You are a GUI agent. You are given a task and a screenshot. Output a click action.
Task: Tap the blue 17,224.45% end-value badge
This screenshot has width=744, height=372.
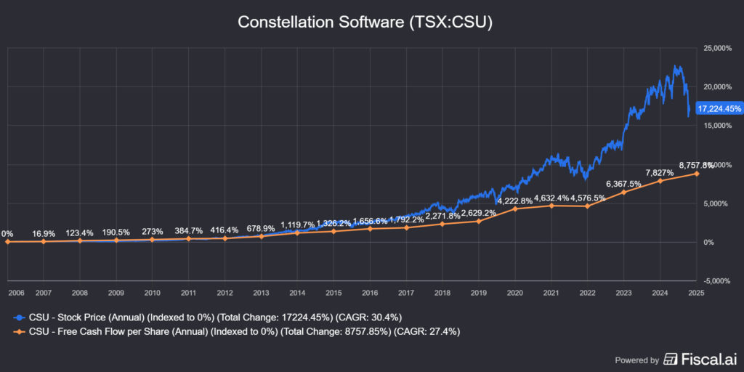pyautogui.click(x=719, y=109)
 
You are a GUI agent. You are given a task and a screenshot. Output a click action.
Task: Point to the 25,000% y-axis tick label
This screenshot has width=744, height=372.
pyautogui.click(x=718, y=48)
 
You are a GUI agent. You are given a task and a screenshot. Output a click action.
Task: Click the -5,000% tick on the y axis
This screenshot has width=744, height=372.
pyautogui.click(x=717, y=280)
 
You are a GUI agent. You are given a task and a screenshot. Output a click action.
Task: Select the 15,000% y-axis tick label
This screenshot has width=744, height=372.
pyautogui.click(x=718, y=126)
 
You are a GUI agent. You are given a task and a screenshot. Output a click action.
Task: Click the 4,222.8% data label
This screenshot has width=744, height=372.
pyautogui.click(x=515, y=200)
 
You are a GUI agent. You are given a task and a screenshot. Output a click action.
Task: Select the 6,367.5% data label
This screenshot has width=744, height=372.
pyautogui.click(x=624, y=183)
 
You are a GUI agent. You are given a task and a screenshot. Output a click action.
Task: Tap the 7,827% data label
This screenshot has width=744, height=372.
pyautogui.click(x=660, y=172)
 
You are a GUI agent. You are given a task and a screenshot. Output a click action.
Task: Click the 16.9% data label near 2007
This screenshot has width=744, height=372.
pyautogui.click(x=44, y=234)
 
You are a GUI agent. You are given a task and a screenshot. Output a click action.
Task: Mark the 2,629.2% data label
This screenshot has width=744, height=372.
pyautogui.click(x=479, y=213)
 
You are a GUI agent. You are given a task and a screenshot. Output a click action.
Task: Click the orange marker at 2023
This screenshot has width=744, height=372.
pyautogui.click(x=624, y=192)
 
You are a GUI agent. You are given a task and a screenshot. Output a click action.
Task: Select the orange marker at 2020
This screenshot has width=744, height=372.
pyautogui.click(x=515, y=209)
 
